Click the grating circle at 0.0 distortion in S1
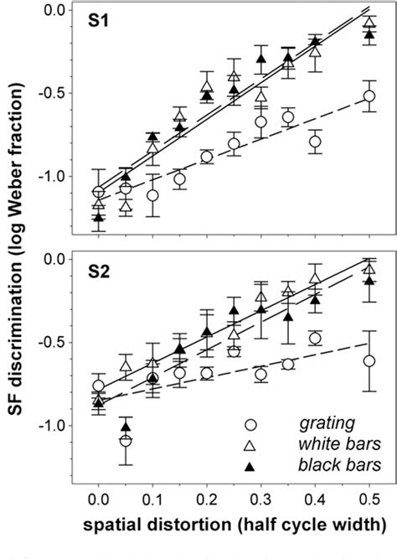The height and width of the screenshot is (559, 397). click(x=99, y=192)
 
